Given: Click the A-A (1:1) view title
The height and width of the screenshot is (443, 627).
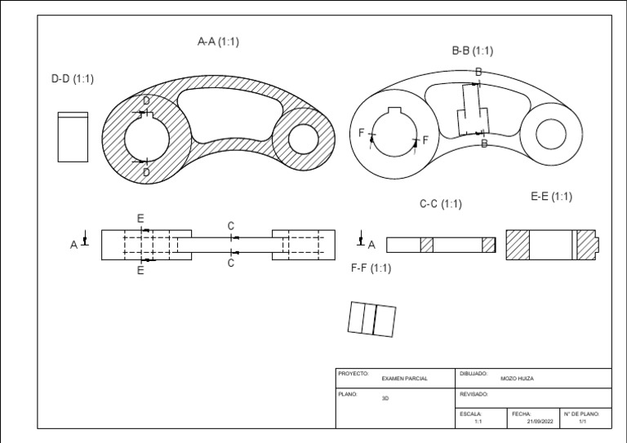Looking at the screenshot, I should (x=218, y=42).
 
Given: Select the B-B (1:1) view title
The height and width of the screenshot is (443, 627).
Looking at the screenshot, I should (x=473, y=51).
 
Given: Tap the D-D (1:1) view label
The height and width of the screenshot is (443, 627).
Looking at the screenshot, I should (x=73, y=79).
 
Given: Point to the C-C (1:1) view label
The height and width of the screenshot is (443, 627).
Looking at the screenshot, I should (x=440, y=204).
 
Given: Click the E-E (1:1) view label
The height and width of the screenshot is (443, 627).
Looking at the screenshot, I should (x=551, y=197).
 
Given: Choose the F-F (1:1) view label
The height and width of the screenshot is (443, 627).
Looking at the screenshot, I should (x=371, y=268).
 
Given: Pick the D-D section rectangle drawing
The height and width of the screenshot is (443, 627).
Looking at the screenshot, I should (x=72, y=138).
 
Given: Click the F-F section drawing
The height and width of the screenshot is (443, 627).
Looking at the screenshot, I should (x=371, y=318).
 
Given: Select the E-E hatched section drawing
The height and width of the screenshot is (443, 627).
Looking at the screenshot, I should (x=553, y=245).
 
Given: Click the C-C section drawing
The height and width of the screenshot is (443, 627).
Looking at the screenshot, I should (x=441, y=245).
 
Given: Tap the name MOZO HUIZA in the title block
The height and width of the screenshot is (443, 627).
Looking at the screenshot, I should (x=517, y=379).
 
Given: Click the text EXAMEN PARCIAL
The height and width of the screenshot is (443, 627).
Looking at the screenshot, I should (x=404, y=379).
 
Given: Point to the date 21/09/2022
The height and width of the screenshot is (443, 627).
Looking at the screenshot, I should (x=540, y=421).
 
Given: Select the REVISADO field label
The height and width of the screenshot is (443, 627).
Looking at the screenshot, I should (x=474, y=393).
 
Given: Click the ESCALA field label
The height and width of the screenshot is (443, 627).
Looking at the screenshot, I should (x=470, y=414).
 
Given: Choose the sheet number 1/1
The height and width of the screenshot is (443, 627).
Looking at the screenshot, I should (x=582, y=421).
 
